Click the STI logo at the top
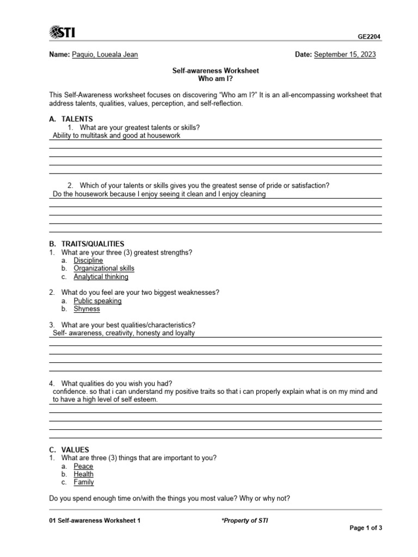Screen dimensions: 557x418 pyautogui.click(x=62, y=33)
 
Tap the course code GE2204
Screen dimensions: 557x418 pyautogui.click(x=369, y=37)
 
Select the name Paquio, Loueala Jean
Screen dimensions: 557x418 pyautogui.click(x=105, y=55)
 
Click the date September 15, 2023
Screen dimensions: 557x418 pyautogui.click(x=345, y=55)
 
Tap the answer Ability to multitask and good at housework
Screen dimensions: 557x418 pyautogui.click(x=116, y=136)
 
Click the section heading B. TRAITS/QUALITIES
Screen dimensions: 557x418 pyautogui.click(x=87, y=244)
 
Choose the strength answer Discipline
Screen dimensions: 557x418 pyautogui.click(x=88, y=261)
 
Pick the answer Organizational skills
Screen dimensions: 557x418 pyautogui.click(x=104, y=268)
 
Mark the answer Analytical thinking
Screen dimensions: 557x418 pyautogui.click(x=101, y=276)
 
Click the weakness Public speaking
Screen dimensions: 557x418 pyautogui.click(x=97, y=301)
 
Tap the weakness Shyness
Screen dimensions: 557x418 pyautogui.click(x=87, y=309)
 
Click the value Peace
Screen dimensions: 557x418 pyautogui.click(x=83, y=466)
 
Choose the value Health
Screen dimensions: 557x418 pyautogui.click(x=84, y=474)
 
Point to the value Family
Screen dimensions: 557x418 pyautogui.click(x=84, y=482)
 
